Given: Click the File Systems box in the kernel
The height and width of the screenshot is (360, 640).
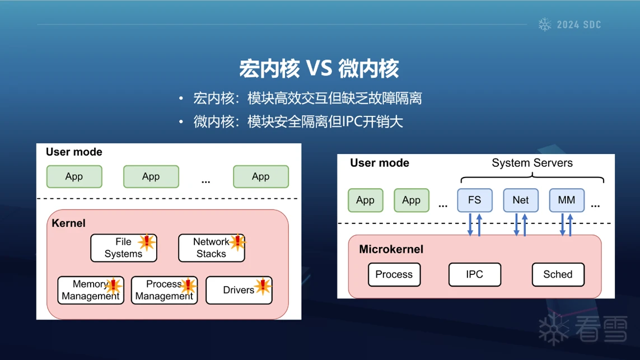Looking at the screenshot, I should (x=123, y=248).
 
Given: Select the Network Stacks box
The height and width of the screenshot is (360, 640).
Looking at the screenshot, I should (x=211, y=248).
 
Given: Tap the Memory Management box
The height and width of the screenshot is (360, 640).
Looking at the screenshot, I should (x=90, y=290).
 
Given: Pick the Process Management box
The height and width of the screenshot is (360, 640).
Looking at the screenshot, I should (x=163, y=290).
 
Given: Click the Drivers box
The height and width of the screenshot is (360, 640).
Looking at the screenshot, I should (x=239, y=290).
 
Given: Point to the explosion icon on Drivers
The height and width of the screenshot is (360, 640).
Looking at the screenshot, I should (x=263, y=287).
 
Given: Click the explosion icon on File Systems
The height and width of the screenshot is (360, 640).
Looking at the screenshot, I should (x=147, y=241).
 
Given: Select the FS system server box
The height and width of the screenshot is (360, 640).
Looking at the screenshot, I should (x=474, y=200).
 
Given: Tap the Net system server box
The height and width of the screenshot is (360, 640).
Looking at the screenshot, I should (x=520, y=200).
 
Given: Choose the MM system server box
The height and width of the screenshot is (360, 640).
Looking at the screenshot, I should (x=566, y=200).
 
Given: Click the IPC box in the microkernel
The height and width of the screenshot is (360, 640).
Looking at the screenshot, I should (x=474, y=274).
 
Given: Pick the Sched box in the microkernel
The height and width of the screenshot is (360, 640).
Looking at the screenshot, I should (x=558, y=274).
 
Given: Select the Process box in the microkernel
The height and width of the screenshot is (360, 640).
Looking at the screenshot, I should (x=394, y=274).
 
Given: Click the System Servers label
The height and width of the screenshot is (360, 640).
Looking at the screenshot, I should (x=532, y=163).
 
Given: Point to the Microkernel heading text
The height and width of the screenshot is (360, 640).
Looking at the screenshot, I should (x=391, y=249).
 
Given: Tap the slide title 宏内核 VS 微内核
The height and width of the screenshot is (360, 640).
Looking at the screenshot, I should (x=319, y=69).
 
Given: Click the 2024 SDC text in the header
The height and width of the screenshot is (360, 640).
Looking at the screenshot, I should (x=579, y=25).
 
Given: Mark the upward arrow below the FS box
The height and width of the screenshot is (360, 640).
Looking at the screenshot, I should (x=479, y=225).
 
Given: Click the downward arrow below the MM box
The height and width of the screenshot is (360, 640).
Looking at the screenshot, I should (x=562, y=225).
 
